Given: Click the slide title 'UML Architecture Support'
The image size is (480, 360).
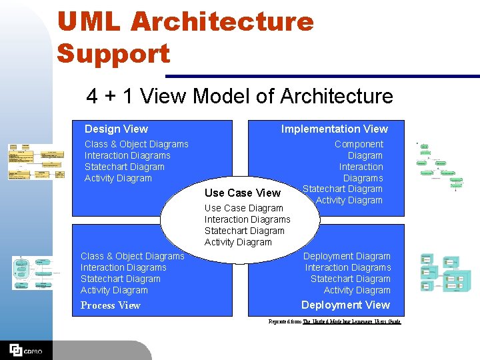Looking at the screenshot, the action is click(185, 37).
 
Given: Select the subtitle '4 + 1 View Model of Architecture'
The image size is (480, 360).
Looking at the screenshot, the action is click(239, 96).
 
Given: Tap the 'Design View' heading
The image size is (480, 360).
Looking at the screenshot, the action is click(116, 129).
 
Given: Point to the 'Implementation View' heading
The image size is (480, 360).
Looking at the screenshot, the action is click(334, 129).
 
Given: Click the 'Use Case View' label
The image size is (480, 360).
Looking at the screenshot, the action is click(243, 193).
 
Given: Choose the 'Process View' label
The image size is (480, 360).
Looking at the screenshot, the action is click(110, 305).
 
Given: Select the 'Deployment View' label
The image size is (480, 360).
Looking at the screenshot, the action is click(345, 305).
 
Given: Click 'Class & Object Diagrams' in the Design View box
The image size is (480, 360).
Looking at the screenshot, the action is click(136, 144).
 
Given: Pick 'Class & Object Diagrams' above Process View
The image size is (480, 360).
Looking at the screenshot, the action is click(132, 256).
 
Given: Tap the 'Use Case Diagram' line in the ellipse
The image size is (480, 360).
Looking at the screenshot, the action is click(243, 208).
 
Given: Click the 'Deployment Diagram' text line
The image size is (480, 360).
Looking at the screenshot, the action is click(347, 256).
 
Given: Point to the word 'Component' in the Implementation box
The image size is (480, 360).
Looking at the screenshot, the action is click(359, 144).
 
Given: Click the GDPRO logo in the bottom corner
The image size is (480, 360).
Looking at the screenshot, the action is click(25, 349).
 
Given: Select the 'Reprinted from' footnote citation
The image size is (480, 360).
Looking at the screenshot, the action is click(335, 321).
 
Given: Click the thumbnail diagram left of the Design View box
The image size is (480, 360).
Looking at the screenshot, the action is click(35, 162).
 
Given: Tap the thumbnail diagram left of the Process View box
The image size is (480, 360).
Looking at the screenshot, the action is click(33, 273).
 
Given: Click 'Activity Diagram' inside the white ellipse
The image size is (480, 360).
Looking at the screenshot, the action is click(238, 242).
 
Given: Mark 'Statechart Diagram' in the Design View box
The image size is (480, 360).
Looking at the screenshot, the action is click(124, 167).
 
